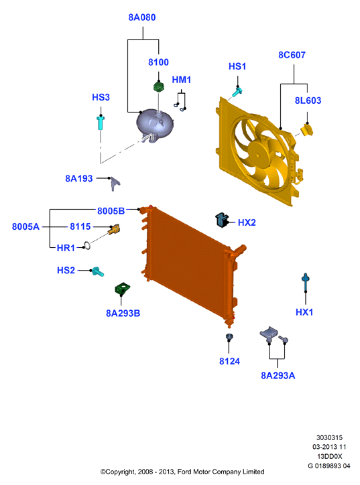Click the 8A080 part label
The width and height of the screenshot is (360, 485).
[x=142, y=17]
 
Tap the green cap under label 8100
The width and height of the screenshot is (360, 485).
[x=159, y=86]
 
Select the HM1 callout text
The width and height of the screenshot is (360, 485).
[x=182, y=80]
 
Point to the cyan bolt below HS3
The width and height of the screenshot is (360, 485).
[x=101, y=123]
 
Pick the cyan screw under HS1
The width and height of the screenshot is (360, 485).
[x=237, y=92]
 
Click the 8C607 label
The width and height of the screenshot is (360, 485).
[x=292, y=55]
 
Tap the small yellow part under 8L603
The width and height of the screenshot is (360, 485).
[x=307, y=130]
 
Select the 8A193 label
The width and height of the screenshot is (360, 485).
[x=79, y=178]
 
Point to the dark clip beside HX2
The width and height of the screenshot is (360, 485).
[x=222, y=220]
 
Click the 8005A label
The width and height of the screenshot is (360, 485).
[x=25, y=226]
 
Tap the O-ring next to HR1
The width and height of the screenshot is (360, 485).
[x=87, y=246]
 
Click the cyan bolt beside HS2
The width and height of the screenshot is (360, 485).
[x=97, y=271]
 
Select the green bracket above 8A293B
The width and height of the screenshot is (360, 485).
[x=122, y=289]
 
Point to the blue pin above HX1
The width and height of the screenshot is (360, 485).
[x=306, y=283]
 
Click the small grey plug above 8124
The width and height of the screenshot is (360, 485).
[x=229, y=337]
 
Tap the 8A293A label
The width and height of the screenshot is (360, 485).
[x=278, y=376]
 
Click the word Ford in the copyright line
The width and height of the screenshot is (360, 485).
[x=184, y=472]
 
